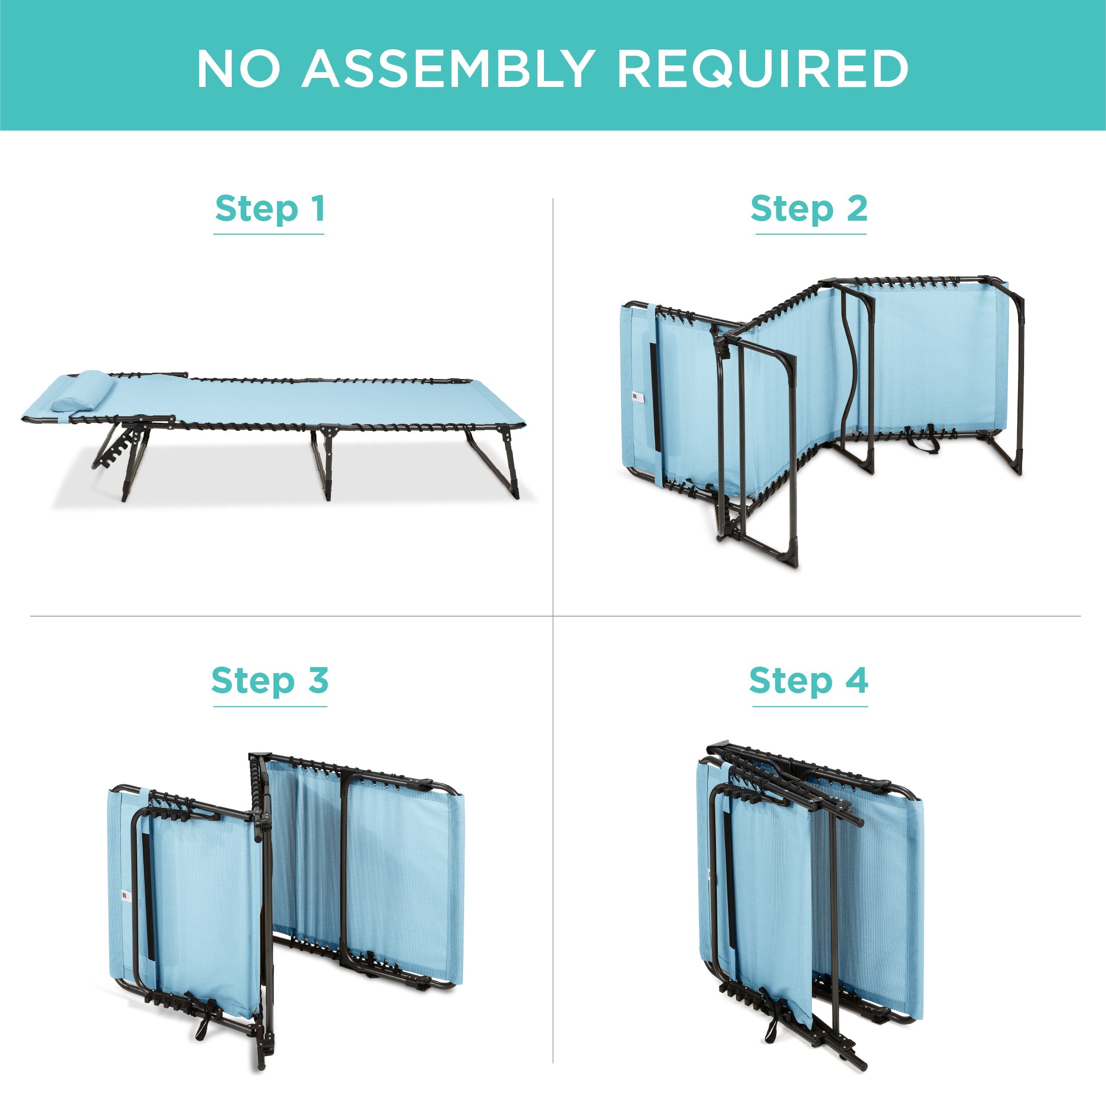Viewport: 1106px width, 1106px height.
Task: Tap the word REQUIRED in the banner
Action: click(763, 69)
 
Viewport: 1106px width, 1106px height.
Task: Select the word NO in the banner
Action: click(238, 68)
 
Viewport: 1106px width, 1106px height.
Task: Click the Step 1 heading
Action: click(269, 209)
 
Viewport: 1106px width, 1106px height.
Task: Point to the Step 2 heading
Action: click(809, 209)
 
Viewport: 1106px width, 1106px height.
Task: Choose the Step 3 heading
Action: click(269, 681)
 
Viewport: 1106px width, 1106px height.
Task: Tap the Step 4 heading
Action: click(808, 681)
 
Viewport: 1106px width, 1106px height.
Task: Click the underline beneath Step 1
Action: click(269, 234)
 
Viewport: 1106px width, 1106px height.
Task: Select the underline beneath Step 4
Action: click(809, 706)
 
